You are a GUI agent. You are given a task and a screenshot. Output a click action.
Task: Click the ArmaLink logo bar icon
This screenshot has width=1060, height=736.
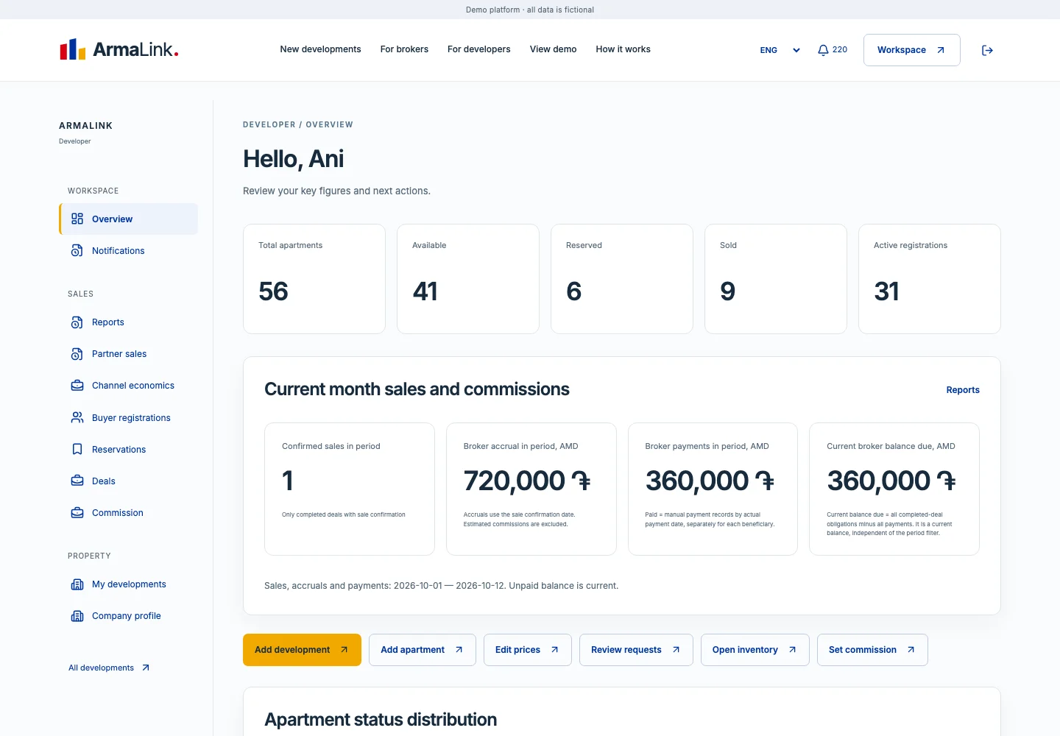click(x=72, y=49)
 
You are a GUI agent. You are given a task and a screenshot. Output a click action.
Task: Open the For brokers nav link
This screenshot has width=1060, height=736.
click(x=404, y=49)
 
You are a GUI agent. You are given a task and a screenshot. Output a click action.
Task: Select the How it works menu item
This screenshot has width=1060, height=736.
click(x=623, y=49)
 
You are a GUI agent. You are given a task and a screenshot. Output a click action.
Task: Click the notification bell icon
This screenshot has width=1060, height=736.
click(x=823, y=50)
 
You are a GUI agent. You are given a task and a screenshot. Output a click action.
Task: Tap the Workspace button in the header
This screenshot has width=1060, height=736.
click(x=911, y=50)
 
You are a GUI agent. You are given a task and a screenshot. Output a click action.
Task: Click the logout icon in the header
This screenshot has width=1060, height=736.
click(x=987, y=50)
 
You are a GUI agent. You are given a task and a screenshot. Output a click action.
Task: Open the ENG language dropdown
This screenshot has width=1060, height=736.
click(x=780, y=50)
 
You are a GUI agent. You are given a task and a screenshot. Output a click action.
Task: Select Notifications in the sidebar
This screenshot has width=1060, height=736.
click(x=118, y=251)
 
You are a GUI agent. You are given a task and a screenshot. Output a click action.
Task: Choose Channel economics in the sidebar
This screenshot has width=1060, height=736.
click(x=133, y=386)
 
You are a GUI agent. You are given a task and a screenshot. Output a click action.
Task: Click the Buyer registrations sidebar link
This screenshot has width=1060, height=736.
click(x=131, y=417)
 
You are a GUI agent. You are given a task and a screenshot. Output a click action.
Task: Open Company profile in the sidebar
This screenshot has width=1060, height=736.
click(x=127, y=616)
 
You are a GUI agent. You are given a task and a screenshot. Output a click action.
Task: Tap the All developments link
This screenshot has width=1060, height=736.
click(x=109, y=668)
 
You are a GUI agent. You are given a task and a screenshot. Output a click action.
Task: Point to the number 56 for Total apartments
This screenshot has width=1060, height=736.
click(x=273, y=291)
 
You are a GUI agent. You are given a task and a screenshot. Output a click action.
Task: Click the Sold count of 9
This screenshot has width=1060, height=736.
click(x=727, y=291)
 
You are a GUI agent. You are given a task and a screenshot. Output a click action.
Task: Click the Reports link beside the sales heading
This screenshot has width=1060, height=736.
click(x=963, y=390)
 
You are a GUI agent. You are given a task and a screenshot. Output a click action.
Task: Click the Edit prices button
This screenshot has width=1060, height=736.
click(x=528, y=650)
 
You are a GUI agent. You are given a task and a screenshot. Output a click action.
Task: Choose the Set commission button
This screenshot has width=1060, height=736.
click(x=872, y=650)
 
